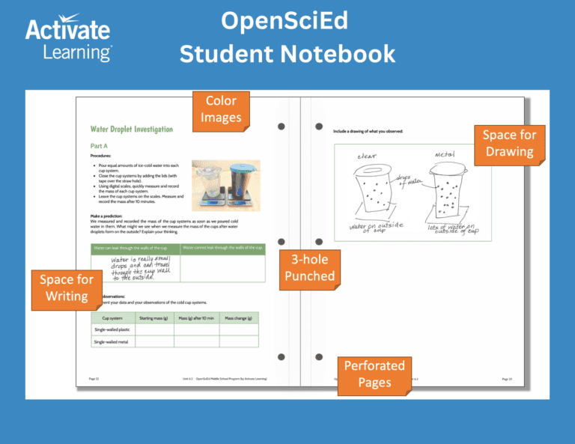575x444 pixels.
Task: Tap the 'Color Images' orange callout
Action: [221, 109]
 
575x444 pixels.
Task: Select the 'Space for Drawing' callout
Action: [509, 142]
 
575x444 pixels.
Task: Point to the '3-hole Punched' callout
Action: [310, 268]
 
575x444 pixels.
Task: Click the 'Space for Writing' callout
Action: [67, 288]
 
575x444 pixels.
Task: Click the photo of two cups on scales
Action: [225, 183]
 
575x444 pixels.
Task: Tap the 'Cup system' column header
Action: [112, 318]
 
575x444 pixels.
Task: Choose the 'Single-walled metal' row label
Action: [110, 341]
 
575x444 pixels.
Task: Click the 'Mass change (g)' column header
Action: [239, 318]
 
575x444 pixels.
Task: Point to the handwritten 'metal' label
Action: [445, 154]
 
